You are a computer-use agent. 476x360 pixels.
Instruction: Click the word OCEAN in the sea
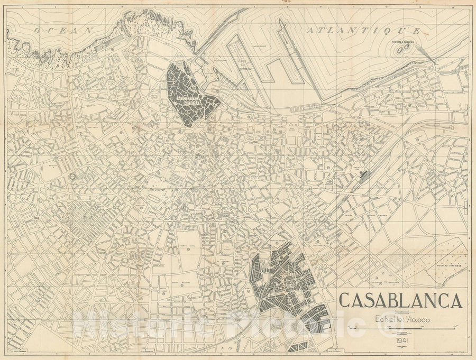coord(63,31)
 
